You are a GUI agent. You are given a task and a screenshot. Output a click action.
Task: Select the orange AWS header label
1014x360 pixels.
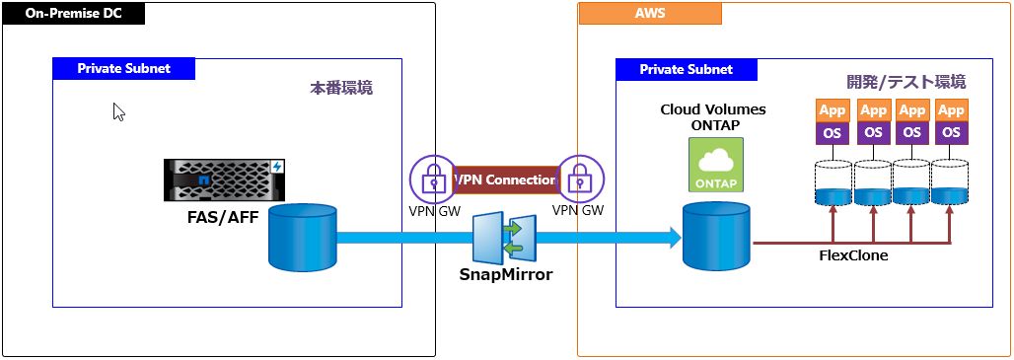650,14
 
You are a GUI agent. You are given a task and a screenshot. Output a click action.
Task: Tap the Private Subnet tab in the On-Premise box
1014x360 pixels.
123,69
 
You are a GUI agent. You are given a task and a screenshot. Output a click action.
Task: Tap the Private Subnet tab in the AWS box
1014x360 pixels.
687,70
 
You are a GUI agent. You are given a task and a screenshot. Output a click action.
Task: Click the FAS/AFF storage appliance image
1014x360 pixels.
225,180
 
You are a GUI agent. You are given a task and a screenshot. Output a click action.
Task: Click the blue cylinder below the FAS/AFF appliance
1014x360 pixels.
303,238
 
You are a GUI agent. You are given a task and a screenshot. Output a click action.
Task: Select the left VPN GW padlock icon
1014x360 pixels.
433,179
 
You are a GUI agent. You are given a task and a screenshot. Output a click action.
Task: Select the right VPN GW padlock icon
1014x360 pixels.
578,179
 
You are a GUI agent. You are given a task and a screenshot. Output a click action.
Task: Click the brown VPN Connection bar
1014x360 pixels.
506,180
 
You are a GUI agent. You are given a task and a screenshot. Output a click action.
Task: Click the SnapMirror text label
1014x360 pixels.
506,275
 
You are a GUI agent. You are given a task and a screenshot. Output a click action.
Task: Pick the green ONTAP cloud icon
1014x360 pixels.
716,165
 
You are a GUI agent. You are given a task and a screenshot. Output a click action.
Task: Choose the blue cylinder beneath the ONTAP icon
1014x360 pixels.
717,238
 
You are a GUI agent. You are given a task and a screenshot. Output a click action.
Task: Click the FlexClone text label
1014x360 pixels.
853,254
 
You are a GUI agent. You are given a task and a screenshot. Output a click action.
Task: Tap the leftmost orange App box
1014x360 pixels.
833,110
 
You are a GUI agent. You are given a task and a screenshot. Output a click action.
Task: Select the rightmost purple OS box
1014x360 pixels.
951,131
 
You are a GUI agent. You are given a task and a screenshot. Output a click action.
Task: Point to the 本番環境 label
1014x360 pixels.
341,88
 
